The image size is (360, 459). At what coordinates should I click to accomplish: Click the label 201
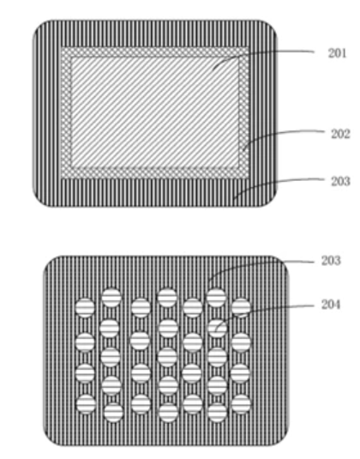pyautogui.click(x=337, y=53)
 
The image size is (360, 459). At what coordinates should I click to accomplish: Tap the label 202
pyautogui.click(x=340, y=134)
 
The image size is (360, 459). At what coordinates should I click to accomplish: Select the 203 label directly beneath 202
pyautogui.click(x=340, y=181)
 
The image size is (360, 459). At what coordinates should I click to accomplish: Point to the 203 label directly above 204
pyautogui.click(x=331, y=261)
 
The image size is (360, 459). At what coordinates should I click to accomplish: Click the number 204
pyautogui.click(x=331, y=305)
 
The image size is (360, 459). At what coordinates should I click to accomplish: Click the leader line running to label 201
pyautogui.click(x=257, y=52)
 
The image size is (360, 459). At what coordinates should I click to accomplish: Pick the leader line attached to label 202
pyautogui.click(x=278, y=134)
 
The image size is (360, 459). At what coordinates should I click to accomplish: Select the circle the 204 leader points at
pyautogui.click(x=217, y=328)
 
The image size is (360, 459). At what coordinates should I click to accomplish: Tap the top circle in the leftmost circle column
pyautogui.click(x=85, y=308)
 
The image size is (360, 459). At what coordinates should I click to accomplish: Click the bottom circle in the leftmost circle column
pyautogui.click(x=86, y=404)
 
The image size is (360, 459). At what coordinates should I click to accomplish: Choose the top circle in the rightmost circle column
pyautogui.click(x=241, y=308)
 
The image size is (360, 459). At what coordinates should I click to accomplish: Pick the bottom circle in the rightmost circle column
pyautogui.click(x=241, y=404)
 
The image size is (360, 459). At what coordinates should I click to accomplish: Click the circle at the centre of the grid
pyautogui.click(x=167, y=357)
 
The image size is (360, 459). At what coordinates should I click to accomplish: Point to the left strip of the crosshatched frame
pyautogui.click(x=66, y=112)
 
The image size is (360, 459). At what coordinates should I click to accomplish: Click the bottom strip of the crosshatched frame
pyautogui.click(x=155, y=172)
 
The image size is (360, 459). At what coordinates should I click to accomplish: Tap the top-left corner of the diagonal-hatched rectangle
pyautogui.click(x=72, y=57)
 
